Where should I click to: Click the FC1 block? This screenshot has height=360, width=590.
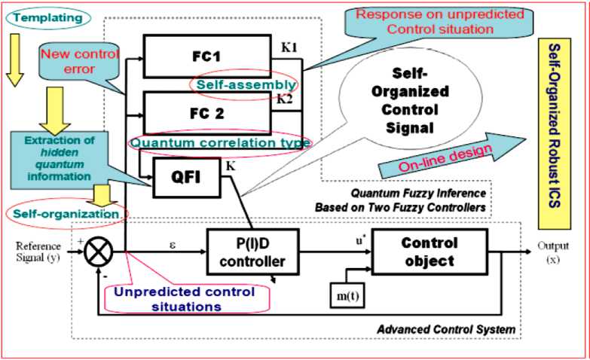[x=207, y=56]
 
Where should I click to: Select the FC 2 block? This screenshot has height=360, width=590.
[x=207, y=113]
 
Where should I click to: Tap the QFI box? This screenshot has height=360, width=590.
[x=187, y=177]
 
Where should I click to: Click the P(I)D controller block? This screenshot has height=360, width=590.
[x=253, y=252]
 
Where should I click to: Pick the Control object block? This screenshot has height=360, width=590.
[x=430, y=252]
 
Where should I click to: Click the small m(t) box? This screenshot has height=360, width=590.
[x=347, y=295]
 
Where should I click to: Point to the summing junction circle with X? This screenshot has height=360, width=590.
[x=99, y=252]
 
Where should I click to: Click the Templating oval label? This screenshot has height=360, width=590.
[x=47, y=18]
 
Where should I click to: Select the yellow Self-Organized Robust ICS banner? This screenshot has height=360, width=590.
[x=555, y=133]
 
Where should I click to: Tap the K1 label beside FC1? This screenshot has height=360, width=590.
[x=289, y=47]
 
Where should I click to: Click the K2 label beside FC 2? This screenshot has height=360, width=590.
[x=285, y=99]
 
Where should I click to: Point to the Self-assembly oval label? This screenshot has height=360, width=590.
[x=243, y=84]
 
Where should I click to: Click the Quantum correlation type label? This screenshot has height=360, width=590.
[x=221, y=143]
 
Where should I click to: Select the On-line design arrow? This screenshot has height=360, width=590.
[x=451, y=155]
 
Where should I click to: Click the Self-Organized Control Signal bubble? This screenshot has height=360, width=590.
[x=410, y=101]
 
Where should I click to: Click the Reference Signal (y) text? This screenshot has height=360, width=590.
[x=38, y=252]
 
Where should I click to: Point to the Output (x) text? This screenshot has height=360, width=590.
[x=553, y=252]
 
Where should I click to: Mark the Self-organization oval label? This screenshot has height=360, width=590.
[x=66, y=214]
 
